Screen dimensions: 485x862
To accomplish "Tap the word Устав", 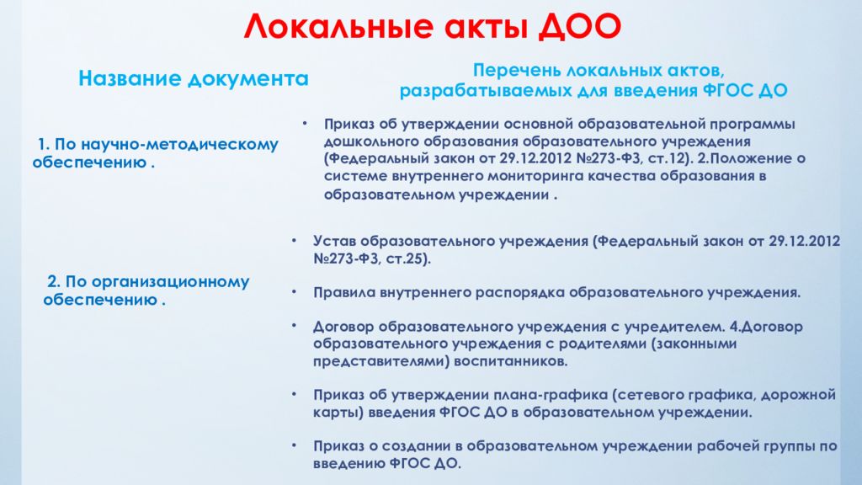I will click(334, 241).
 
